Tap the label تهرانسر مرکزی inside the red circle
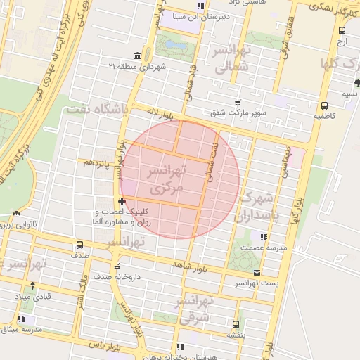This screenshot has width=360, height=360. pyautogui.click(x=166, y=180)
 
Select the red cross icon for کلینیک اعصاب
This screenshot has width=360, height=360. pyautogui.click(x=122, y=202)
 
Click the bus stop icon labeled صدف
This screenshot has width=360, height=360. pyautogui.click(x=79, y=245)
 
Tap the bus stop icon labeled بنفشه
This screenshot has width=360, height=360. pyautogui.click(x=235, y=325)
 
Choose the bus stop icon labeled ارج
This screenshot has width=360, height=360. pyautogui.click(x=342, y=30)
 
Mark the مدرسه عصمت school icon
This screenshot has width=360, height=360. pyautogui.click(x=264, y=237)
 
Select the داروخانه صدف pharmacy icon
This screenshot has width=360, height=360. pyautogui.click(x=117, y=266)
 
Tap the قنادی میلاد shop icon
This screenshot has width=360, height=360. pyautogui.click(x=30, y=287)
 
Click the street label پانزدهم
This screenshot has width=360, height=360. pyautogui.click(x=97, y=162)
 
